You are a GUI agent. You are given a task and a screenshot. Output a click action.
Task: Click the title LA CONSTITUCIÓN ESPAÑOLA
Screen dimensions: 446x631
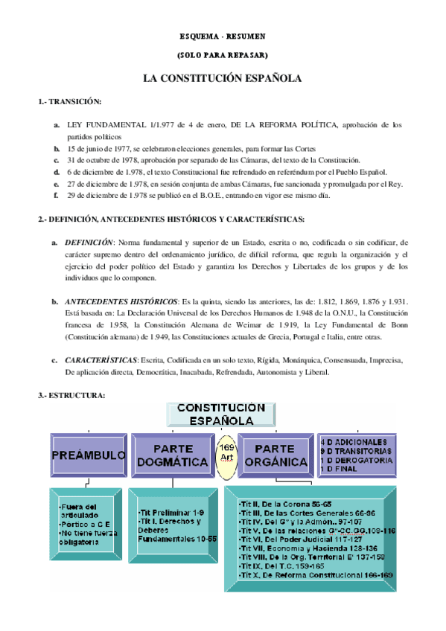click(x=223, y=78)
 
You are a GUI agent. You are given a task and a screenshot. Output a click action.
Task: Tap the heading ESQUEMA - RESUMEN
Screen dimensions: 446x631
click(x=223, y=36)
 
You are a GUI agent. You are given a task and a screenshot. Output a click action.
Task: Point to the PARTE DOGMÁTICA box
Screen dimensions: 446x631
click(x=170, y=455)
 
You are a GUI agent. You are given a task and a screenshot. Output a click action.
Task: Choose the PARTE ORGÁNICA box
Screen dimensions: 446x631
click(x=277, y=455)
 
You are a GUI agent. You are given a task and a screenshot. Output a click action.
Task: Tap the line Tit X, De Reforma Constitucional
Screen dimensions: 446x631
click(x=307, y=575)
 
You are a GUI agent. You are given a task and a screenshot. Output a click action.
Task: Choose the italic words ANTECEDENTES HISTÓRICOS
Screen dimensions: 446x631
click(x=121, y=301)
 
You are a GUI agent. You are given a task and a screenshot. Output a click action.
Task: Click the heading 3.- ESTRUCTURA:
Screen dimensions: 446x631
click(x=71, y=395)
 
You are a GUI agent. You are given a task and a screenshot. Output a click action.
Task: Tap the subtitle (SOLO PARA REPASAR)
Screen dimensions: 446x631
click(x=223, y=55)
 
